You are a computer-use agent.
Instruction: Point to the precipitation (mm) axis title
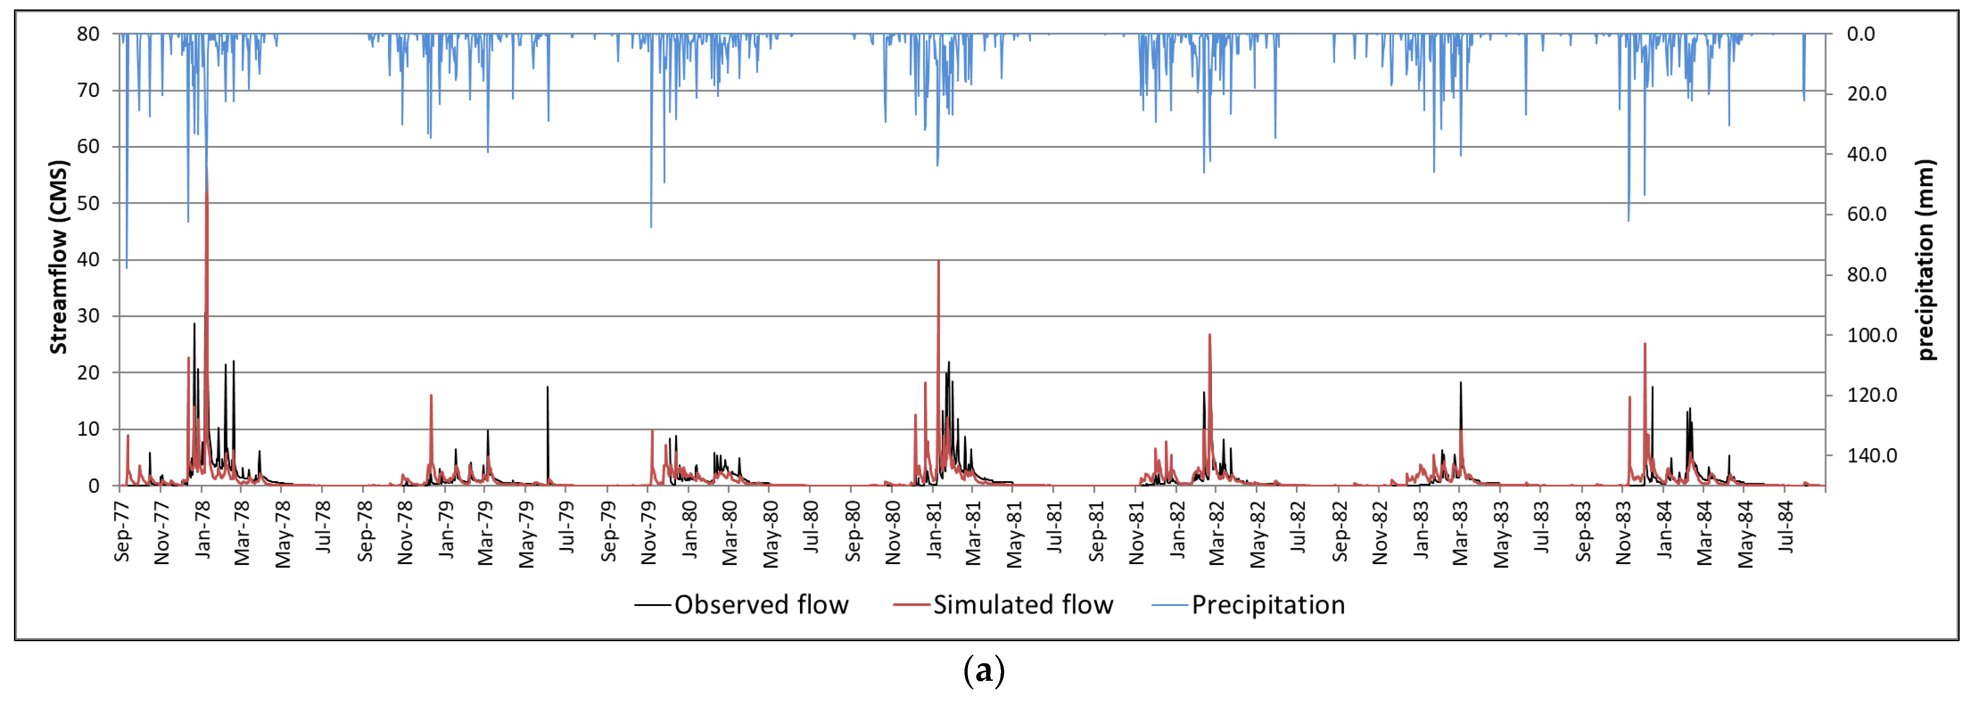(1925, 259)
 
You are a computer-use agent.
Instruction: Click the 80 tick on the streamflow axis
(88, 34)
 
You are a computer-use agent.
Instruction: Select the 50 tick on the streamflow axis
(88, 203)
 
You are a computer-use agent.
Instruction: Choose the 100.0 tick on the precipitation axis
(1871, 335)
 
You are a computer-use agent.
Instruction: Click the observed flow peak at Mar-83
(1461, 383)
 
